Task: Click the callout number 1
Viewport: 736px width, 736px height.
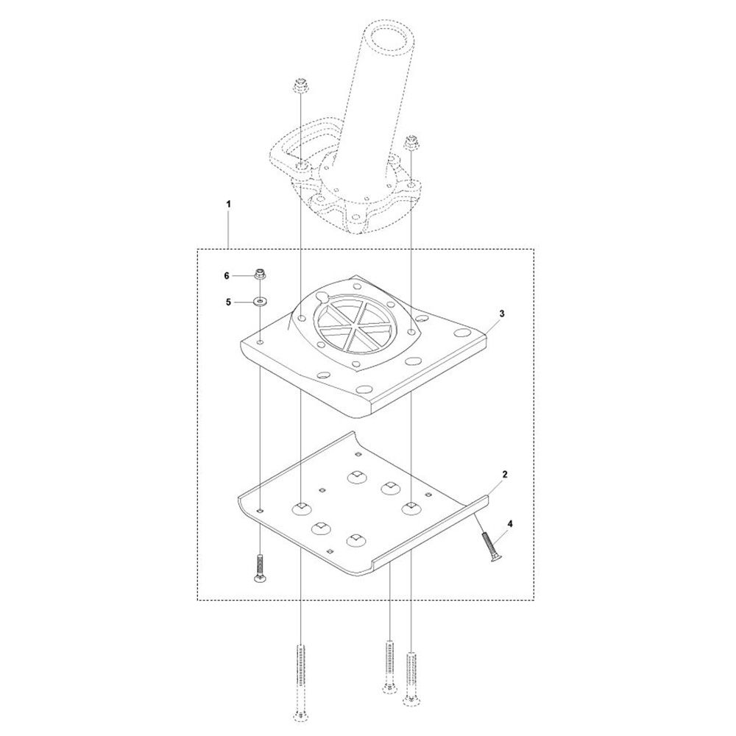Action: point(229,202)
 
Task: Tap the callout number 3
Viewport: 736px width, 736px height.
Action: point(500,314)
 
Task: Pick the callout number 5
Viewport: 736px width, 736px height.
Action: point(227,302)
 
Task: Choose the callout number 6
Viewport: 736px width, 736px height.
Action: point(227,275)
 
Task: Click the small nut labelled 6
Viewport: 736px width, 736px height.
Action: point(260,275)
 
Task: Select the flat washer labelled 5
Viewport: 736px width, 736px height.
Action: point(261,302)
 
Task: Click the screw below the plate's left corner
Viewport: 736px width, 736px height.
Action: point(260,570)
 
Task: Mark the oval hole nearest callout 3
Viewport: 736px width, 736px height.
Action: point(464,332)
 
